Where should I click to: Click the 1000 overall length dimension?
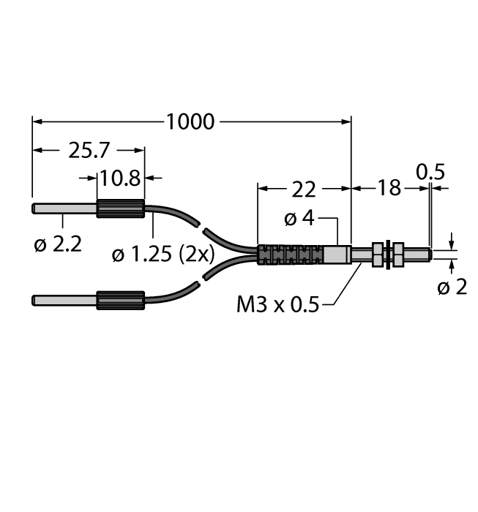click(190, 122)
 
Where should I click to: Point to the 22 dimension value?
click(304, 189)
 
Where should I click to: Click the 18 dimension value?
click(390, 189)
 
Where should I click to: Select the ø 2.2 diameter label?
click(55, 244)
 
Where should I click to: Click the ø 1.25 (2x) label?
click(163, 255)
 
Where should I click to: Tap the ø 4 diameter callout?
click(298, 219)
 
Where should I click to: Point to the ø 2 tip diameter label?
click(452, 287)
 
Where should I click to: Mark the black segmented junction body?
click(290, 254)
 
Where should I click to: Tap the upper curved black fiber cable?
click(176, 217)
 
